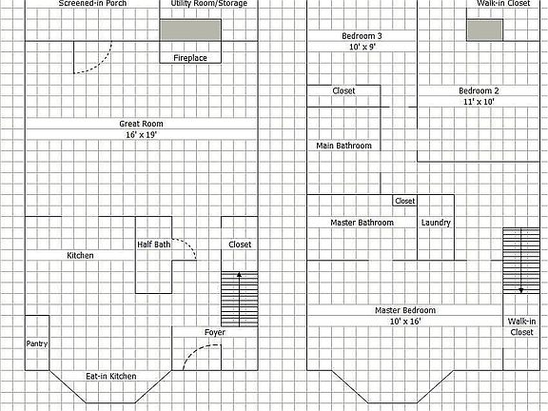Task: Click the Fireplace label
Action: pos(190,58)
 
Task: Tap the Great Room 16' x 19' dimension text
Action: pos(141,134)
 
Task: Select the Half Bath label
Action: pos(154,245)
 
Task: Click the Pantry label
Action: pos(37,343)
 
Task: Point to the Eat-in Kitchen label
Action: pos(111,377)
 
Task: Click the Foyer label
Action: pos(215,332)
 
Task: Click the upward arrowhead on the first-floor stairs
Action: pos(239,275)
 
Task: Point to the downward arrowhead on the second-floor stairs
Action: pos(521,290)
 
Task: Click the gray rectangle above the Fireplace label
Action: pos(190,30)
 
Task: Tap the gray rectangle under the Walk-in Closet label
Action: pos(485,30)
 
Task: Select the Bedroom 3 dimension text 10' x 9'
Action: pos(362,47)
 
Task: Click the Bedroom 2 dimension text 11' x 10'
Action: pos(479,102)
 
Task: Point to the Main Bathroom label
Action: pos(343,146)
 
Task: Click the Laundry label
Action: pos(436,223)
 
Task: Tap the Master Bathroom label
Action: pos(362,223)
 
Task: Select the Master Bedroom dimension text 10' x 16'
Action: pos(405,322)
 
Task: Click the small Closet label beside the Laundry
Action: pos(405,201)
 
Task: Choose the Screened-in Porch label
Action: pos(92,3)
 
